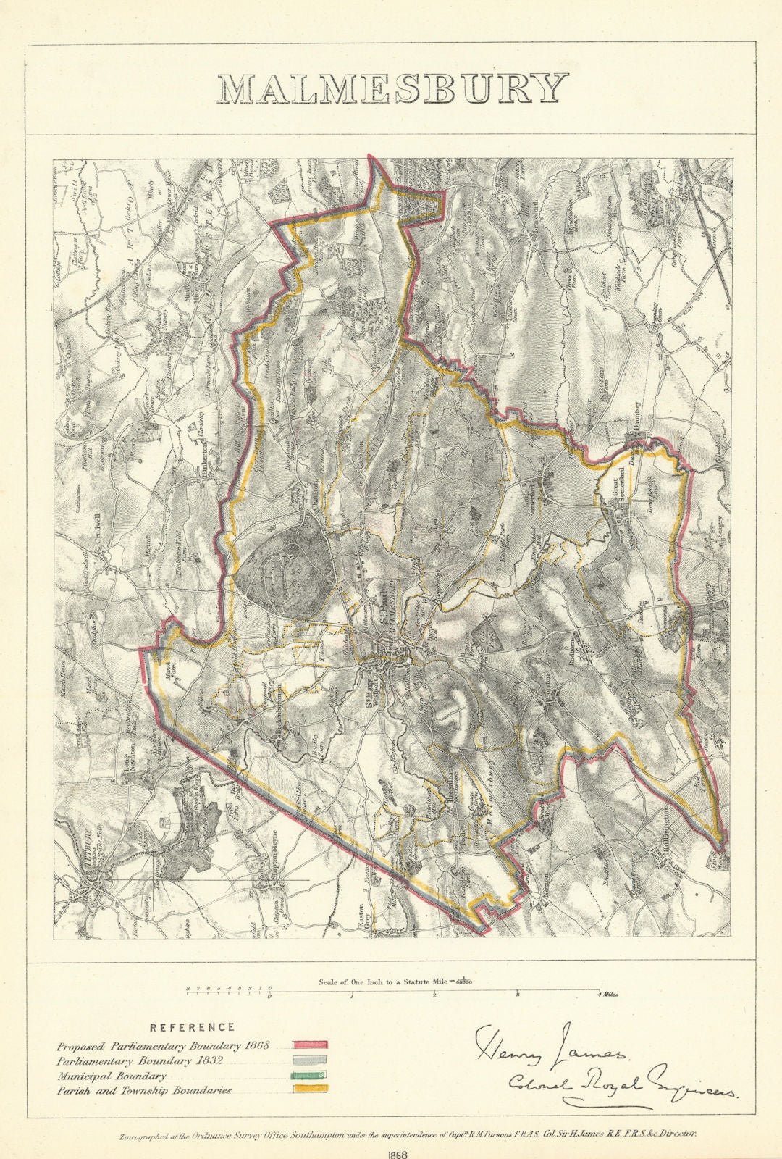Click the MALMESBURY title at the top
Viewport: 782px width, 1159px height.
tap(392, 88)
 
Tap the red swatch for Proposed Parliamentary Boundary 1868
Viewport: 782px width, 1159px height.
tap(310, 1045)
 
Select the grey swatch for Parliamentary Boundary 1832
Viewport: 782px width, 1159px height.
tap(310, 1060)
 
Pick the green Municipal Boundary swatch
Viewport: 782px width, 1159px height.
tap(310, 1075)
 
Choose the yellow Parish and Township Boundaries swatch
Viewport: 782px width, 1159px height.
tap(310, 1089)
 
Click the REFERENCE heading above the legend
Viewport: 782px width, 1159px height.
tap(192, 1027)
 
